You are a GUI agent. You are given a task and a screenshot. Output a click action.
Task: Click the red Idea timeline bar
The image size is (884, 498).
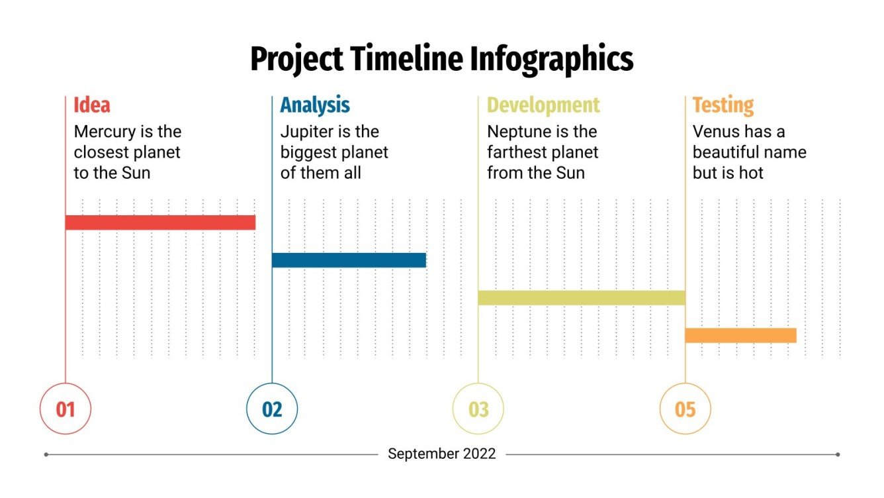pos(160,223)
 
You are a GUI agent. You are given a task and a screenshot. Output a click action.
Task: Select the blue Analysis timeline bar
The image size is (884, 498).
pos(349,260)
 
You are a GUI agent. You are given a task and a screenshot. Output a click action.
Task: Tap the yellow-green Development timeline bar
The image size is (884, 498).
pos(581,298)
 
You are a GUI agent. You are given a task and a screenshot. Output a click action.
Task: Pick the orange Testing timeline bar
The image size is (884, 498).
pos(740,336)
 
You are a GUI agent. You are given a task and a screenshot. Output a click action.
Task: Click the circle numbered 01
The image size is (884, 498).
pos(66,409)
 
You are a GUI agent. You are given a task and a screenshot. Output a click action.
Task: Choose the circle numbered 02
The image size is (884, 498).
pos(272,409)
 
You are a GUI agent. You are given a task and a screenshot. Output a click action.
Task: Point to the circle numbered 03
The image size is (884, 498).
pos(478,409)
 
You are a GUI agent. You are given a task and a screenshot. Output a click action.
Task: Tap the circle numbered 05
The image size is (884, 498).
pos(685,409)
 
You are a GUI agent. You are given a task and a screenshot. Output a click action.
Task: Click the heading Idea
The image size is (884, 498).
pos(92,105)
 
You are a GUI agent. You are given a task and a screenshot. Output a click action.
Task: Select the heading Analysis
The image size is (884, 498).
pos(315,105)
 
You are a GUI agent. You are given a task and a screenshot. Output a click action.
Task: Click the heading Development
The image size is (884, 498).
pos(543,105)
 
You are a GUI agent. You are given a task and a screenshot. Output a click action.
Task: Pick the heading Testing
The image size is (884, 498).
pos(723,105)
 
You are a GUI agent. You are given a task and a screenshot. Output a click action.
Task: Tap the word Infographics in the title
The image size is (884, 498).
pos(552,59)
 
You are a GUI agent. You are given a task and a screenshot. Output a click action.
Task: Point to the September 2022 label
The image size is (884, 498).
pos(441,454)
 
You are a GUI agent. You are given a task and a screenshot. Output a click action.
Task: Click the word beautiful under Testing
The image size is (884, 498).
pos(728,152)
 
